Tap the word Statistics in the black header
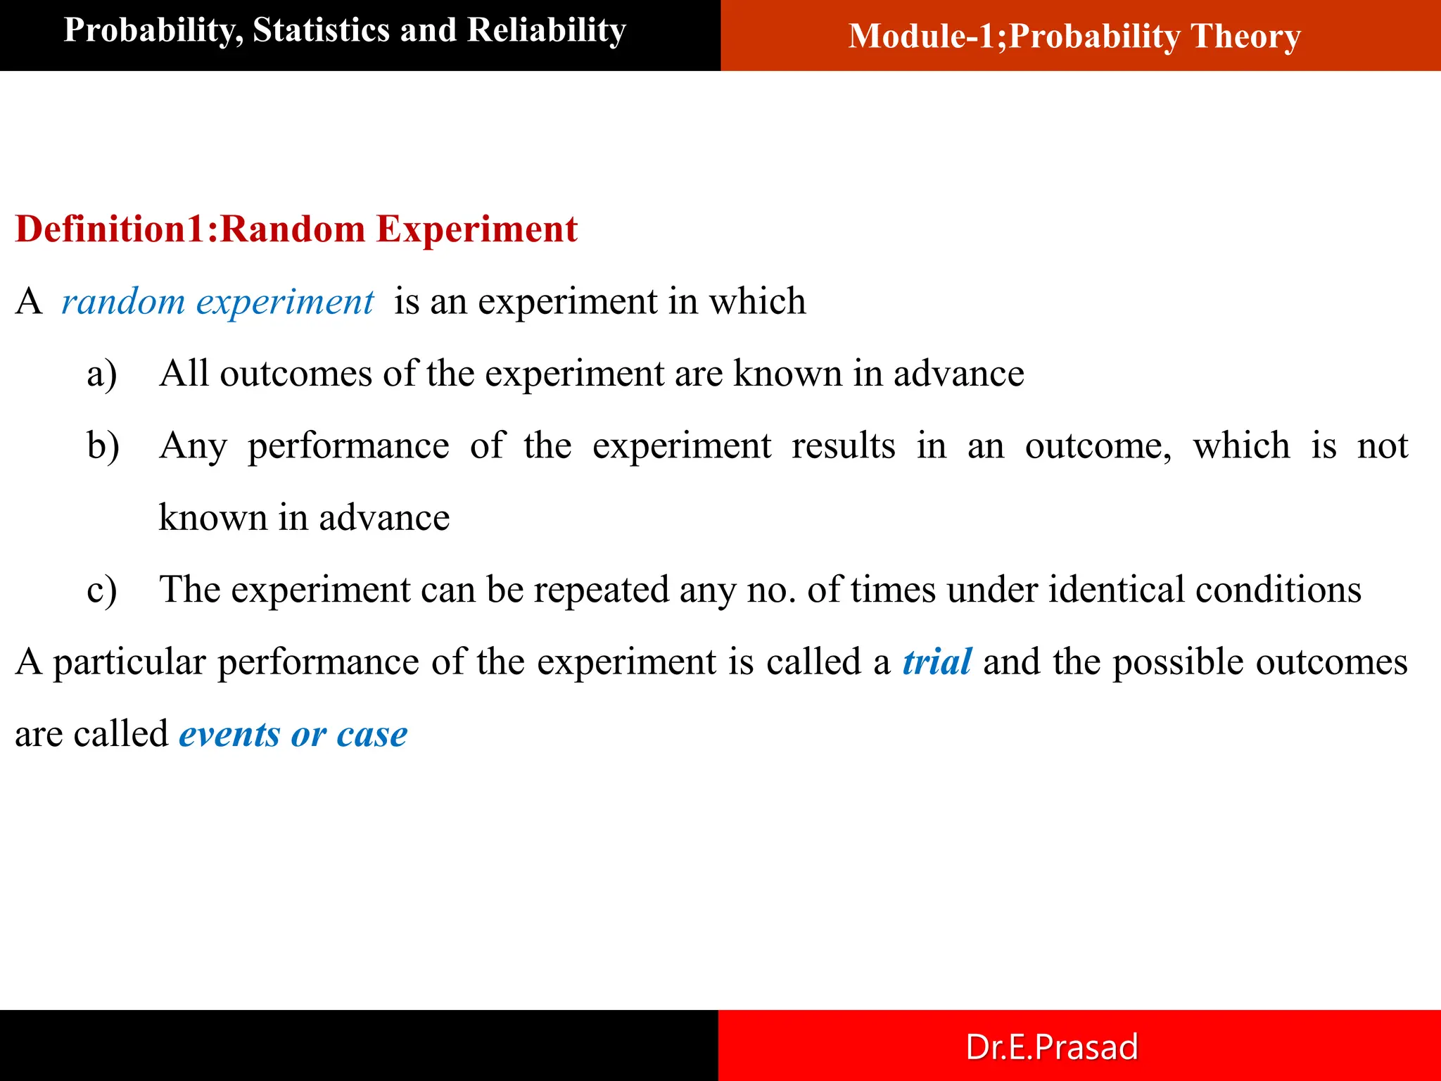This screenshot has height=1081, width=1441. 320,31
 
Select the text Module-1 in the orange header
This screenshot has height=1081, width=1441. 927,37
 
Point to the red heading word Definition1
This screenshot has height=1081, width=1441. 110,229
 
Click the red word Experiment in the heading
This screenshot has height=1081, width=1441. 476,229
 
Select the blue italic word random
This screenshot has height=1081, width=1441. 123,303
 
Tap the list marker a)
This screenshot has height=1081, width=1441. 102,374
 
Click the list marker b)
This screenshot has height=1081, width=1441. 103,446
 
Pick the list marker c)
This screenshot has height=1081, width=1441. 102,590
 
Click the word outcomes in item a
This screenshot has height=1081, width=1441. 296,374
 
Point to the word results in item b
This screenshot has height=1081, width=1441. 843,446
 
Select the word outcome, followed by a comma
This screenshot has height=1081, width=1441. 1098,446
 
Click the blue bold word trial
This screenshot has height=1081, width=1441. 937,662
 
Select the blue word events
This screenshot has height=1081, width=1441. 229,735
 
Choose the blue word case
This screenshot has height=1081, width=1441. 372,735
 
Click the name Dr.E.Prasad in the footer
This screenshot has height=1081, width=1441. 1051,1047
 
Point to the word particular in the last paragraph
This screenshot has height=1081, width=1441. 129,662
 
